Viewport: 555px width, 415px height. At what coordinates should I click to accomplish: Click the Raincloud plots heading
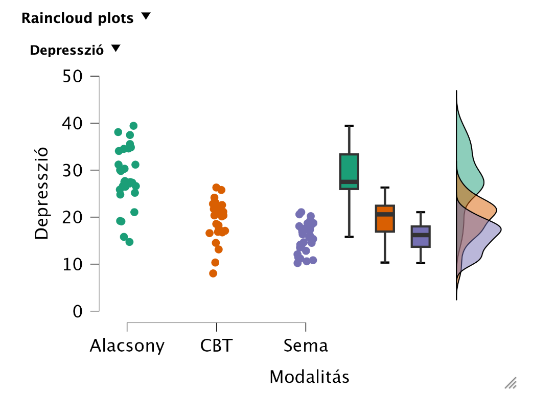coord(77,18)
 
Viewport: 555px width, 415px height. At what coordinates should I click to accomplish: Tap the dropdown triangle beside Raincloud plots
coord(146,16)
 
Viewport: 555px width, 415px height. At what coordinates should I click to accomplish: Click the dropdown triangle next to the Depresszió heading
coord(115,49)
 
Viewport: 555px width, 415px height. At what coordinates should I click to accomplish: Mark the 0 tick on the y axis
coord(78,311)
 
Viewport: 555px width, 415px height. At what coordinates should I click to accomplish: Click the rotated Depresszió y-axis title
coord(41,193)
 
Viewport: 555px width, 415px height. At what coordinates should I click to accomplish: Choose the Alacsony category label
coord(127,346)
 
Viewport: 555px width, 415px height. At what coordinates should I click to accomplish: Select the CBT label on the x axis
coord(216,346)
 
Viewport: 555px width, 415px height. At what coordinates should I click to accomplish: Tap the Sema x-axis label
coord(306,346)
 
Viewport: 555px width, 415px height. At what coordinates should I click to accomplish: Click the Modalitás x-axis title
coord(309,377)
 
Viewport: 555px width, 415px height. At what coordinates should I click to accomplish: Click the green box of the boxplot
coord(350,171)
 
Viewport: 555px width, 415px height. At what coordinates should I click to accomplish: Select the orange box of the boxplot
coord(385,219)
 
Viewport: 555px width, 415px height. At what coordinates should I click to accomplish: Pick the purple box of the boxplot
coord(421,236)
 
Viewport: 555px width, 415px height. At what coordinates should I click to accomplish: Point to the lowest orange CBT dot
coord(213,273)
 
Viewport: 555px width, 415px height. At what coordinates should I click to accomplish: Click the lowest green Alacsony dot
coord(129,242)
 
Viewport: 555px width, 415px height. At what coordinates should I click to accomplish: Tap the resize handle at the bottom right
coord(511,383)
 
